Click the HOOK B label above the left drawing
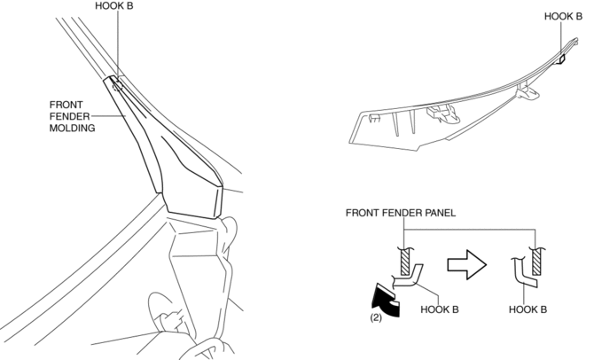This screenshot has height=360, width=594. point(114,6)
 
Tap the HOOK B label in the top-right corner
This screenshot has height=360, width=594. point(563,16)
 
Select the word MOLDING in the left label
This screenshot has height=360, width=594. point(72,128)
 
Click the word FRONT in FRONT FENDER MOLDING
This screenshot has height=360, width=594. point(66,105)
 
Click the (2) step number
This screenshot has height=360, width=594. point(376,317)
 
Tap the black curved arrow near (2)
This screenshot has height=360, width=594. point(386,300)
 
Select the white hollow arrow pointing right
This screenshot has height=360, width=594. point(466,264)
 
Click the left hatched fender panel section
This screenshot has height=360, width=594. point(405,262)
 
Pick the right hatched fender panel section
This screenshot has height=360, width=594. point(536,262)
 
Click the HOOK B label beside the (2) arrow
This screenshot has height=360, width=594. point(440,309)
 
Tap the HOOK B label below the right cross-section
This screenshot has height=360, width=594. point(528,309)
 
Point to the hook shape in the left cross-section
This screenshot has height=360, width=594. point(409,278)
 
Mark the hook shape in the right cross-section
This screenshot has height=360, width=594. point(521,274)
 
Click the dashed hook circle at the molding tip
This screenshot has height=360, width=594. point(117,86)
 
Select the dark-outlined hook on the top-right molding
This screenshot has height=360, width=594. point(562,59)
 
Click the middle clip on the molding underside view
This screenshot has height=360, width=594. point(443,113)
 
